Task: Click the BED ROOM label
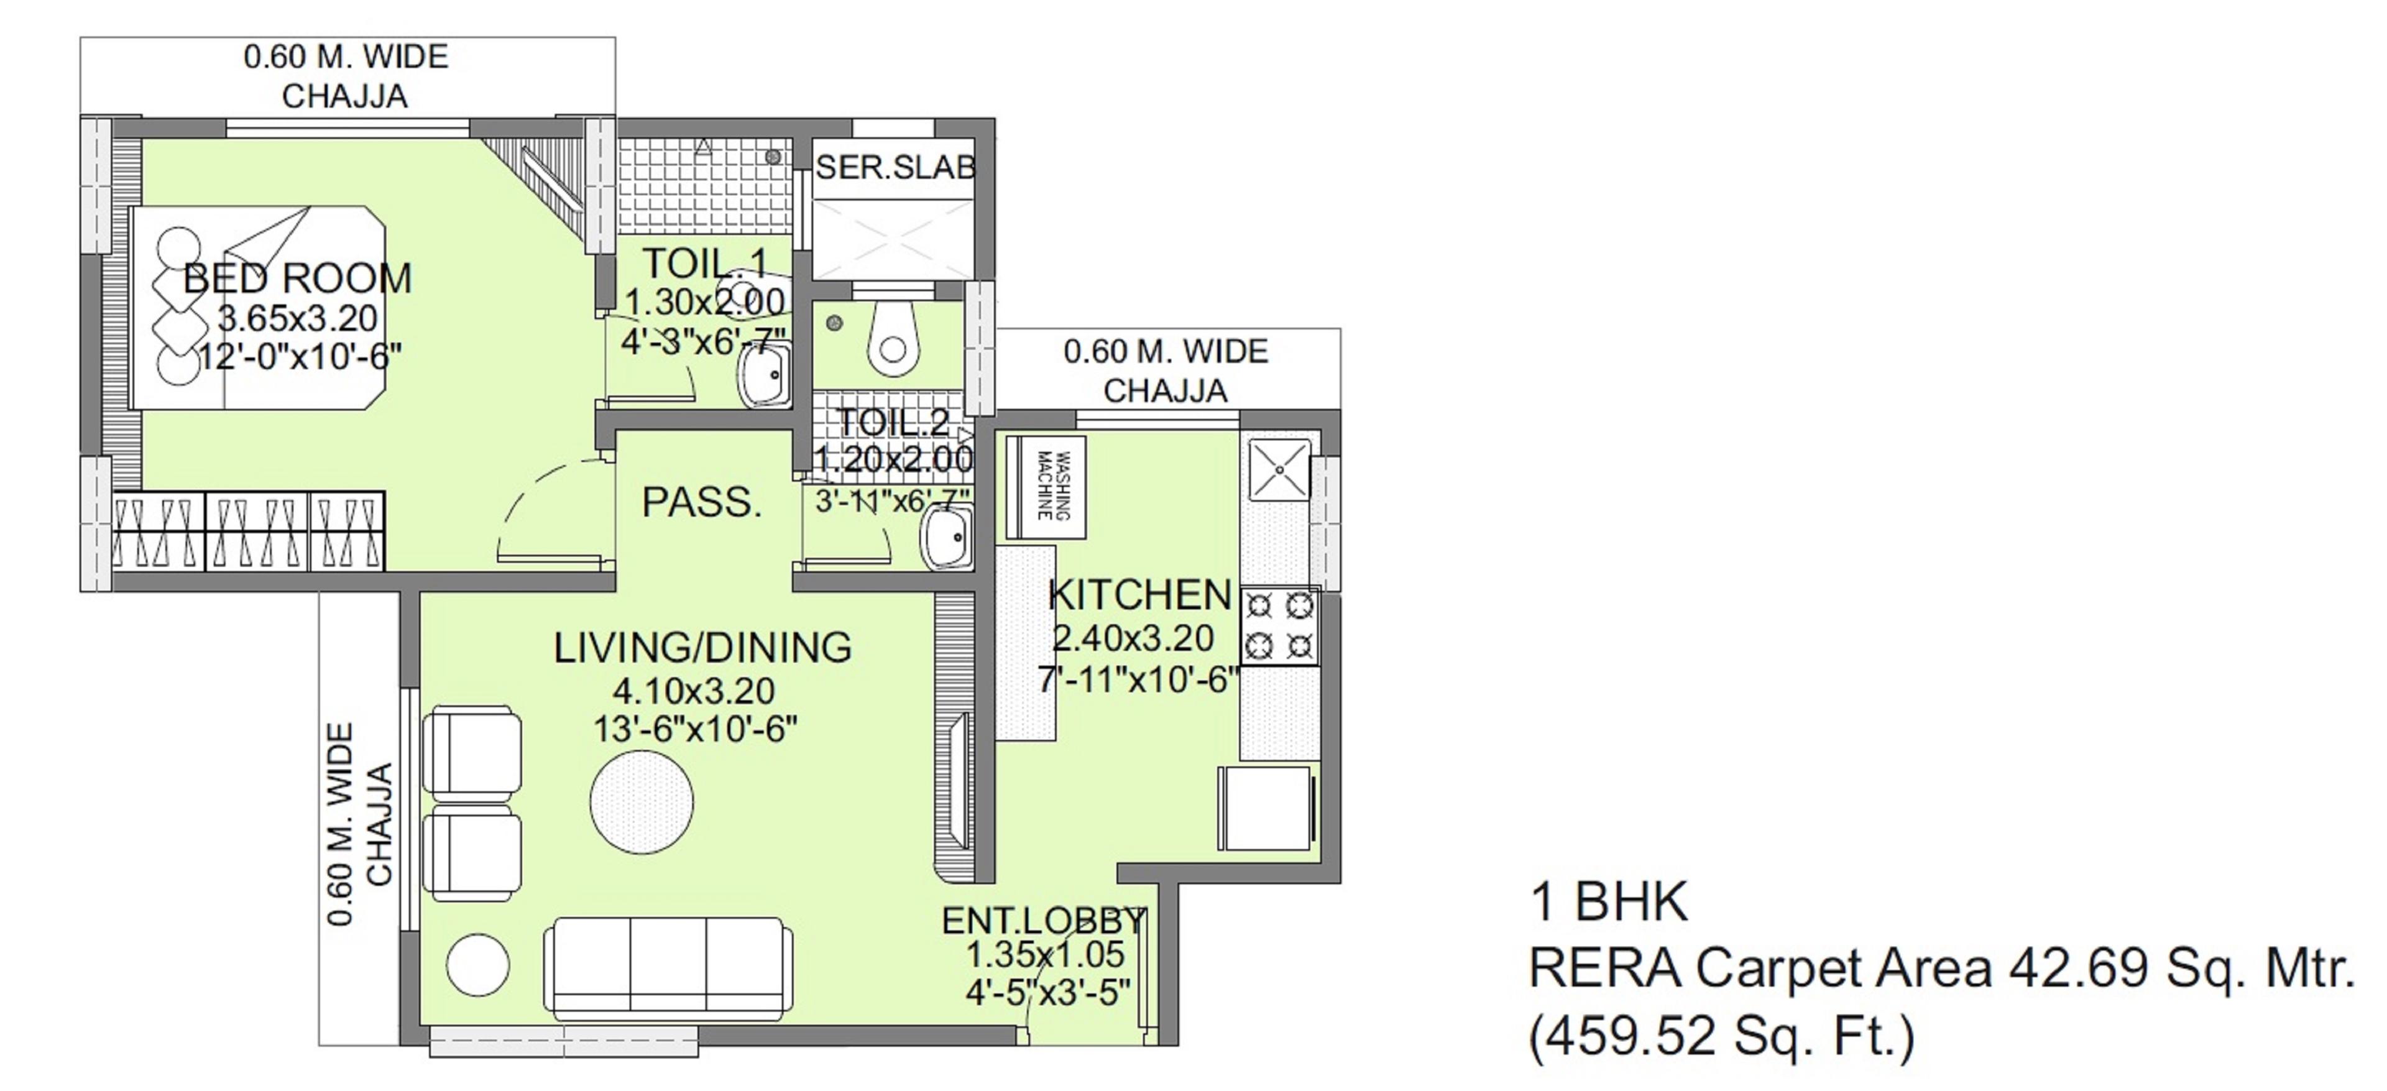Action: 297,278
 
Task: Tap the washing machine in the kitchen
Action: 1047,486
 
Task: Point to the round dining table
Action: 642,802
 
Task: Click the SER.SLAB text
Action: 895,168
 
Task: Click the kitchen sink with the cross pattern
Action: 1279,469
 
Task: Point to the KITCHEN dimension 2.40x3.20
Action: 1133,638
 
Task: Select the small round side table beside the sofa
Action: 477,964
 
